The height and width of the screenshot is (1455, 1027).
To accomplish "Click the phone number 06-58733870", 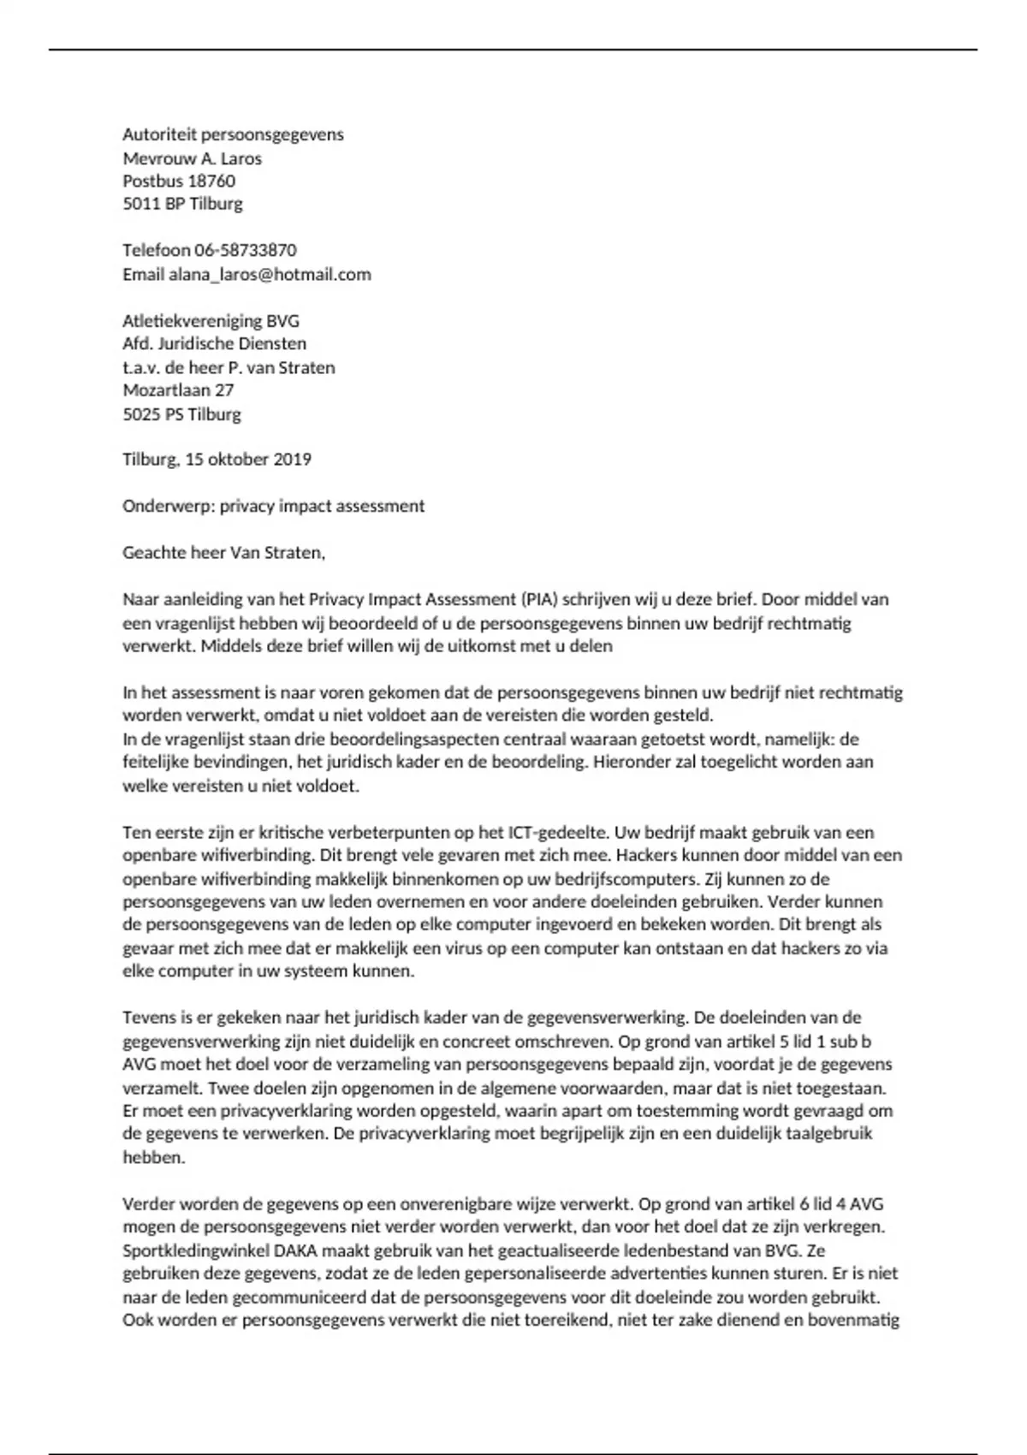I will click(246, 251).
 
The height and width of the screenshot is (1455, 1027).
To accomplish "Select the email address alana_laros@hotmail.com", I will click(270, 275).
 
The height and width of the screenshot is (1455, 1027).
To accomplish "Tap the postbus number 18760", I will click(211, 181).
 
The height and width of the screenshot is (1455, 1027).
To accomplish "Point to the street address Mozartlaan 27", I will click(178, 390).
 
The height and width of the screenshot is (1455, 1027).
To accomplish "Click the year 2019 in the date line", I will click(292, 460).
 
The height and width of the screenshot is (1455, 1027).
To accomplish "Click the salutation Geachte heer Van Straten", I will click(224, 553).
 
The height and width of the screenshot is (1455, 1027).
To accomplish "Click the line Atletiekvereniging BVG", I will click(211, 322).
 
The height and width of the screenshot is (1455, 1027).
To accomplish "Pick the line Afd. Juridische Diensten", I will click(214, 344).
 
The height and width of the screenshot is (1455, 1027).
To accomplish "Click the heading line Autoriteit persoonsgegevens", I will click(233, 134).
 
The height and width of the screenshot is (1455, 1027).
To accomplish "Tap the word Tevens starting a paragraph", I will click(147, 1018).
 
